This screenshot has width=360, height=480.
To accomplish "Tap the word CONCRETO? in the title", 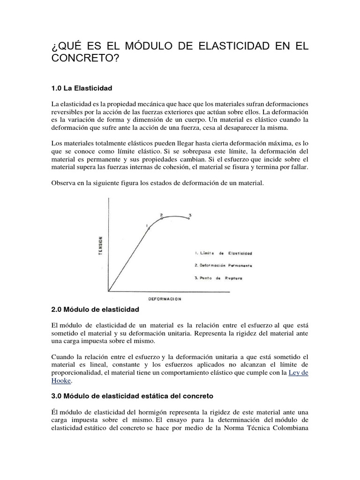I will point(88,60).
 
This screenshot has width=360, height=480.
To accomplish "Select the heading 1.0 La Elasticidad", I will point(82,88).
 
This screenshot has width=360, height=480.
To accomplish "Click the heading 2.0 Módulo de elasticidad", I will point(95,310).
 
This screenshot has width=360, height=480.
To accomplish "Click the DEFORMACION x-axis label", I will point(165,298).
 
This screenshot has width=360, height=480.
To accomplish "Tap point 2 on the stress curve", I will point(162,218).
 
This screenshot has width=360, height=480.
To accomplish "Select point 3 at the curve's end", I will point(189,218).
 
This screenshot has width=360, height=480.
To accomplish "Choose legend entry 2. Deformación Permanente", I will point(223,265).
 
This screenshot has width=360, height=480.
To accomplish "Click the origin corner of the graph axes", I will point(109,291).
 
